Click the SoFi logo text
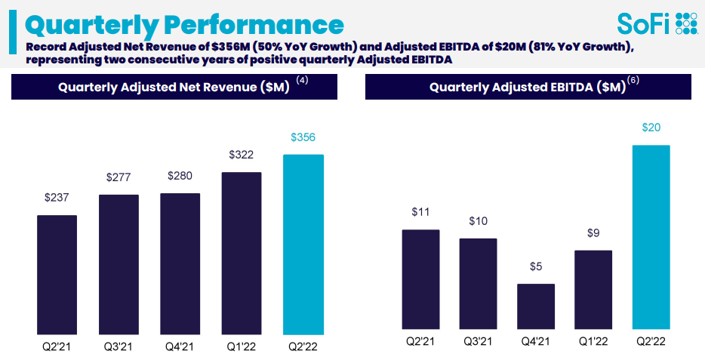[643, 23]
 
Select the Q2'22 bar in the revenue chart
[302, 245]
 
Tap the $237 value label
[57, 198]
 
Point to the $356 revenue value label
[302, 137]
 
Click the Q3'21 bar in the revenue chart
[119, 264]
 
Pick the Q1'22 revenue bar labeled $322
[242, 253]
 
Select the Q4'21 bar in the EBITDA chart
[535, 309]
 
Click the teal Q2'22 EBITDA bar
[651, 239]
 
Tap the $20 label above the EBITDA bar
[651, 128]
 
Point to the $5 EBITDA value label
[535, 266]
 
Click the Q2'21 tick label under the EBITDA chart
[420, 342]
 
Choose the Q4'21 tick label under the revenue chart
[180, 348]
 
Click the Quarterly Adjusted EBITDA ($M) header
[528, 87]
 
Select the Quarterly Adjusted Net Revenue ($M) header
[174, 87]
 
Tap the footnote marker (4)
[302, 80]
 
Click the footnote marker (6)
[633, 80]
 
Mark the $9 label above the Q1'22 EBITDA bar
[593, 233]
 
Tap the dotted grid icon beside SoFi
[686, 23]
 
